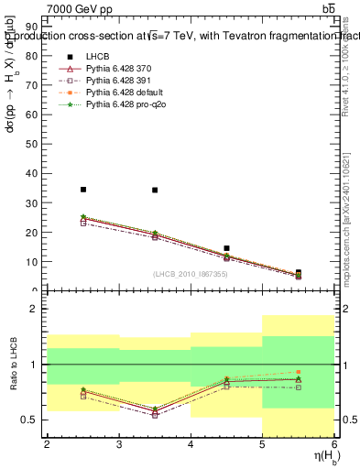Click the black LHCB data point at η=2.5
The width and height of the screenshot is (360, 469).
pyautogui.click(x=83, y=190)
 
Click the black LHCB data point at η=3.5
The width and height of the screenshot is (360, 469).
pyautogui.click(x=155, y=191)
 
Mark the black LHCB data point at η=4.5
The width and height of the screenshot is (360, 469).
pyautogui.click(x=226, y=248)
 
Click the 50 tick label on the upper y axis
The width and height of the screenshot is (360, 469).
pyautogui.click(x=35, y=144)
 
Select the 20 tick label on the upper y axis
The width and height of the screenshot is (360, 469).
pyautogui.click(x=35, y=233)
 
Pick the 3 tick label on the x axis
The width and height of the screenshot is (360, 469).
pyautogui.click(x=119, y=444)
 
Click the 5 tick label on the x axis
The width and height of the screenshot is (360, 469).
pyautogui.click(x=263, y=444)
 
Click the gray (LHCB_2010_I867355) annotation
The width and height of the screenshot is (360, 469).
pyautogui.click(x=191, y=275)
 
